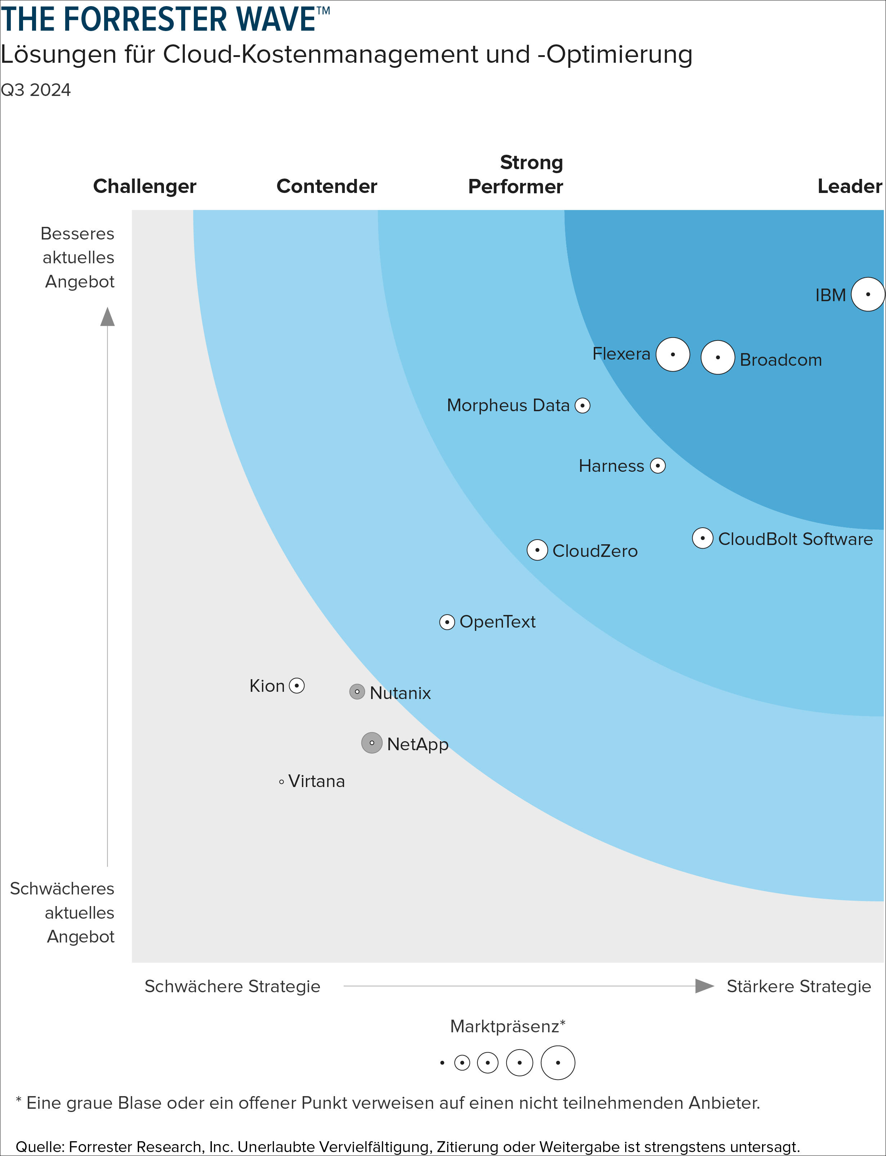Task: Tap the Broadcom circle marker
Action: click(x=717, y=357)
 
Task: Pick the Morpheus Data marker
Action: click(x=582, y=405)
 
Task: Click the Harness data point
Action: click(x=658, y=466)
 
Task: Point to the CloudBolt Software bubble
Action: click(x=703, y=538)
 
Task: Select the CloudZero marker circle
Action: click(x=537, y=550)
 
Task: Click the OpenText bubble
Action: click(x=447, y=622)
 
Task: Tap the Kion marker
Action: click(x=297, y=686)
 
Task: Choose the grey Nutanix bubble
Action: click(x=357, y=691)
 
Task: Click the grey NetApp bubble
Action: click(x=372, y=743)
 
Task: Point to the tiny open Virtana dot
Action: click(x=282, y=782)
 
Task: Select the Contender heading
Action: click(x=326, y=186)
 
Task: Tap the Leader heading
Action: click(x=849, y=186)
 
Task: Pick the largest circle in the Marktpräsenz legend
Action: click(x=558, y=1063)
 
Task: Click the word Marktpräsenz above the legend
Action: click(x=505, y=1026)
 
